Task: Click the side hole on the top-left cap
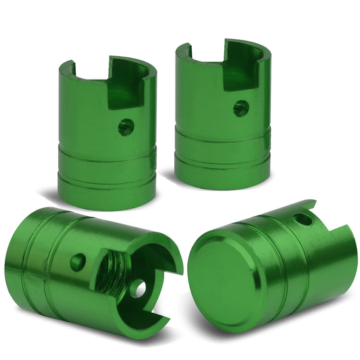(125, 126)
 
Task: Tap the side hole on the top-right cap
(240, 108)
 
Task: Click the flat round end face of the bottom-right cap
(215, 276)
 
